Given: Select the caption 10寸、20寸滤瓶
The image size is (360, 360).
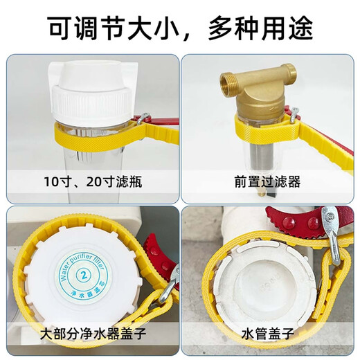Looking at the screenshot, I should (90, 183).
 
